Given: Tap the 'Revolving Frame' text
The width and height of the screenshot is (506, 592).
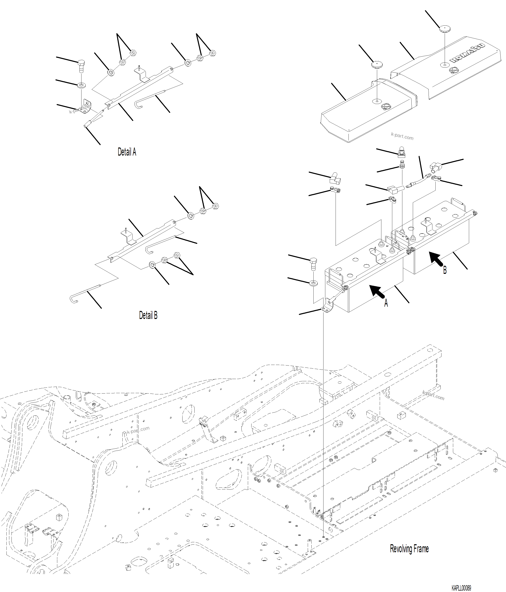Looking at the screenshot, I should (x=409, y=548).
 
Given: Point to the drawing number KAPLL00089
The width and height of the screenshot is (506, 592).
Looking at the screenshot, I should (x=461, y=588).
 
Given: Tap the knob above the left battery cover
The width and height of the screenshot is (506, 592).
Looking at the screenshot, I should (x=377, y=64).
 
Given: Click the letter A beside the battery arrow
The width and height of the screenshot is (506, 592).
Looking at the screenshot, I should (x=386, y=303).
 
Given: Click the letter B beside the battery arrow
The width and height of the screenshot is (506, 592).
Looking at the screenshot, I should (x=445, y=270).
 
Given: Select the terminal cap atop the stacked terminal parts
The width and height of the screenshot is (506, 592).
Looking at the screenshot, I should (x=402, y=153).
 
